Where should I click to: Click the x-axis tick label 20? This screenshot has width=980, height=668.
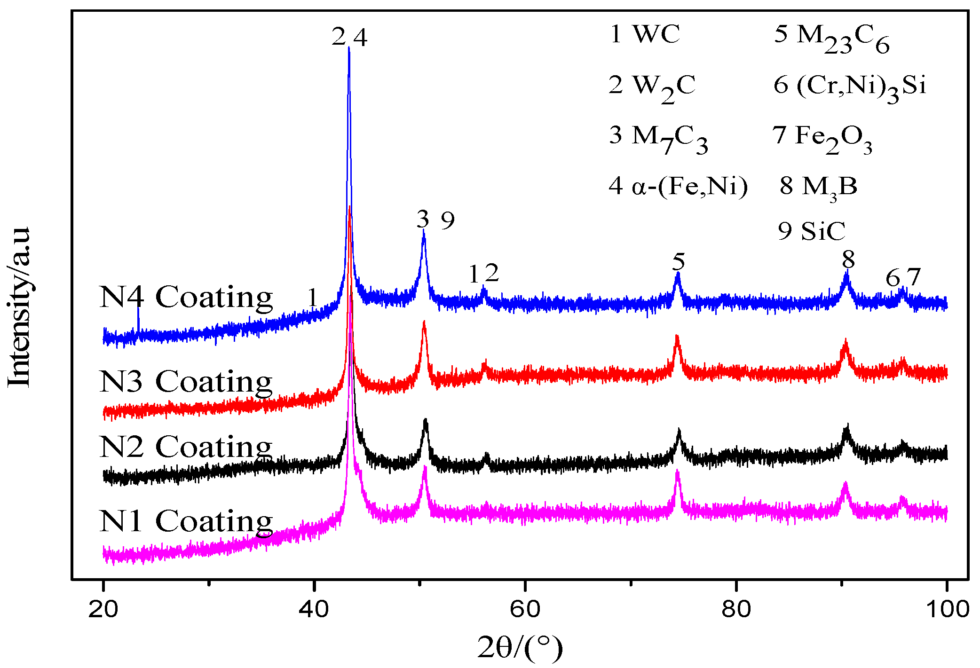(103, 609)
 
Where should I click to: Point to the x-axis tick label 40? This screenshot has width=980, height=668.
(314, 609)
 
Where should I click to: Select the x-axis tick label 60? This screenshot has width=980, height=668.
(524, 609)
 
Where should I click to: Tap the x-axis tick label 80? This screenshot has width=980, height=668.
(735, 609)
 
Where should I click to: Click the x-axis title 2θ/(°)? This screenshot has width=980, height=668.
(520, 648)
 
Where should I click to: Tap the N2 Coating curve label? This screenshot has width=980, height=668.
(186, 446)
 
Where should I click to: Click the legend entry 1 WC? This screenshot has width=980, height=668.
(645, 34)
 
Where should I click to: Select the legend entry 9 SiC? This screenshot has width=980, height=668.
(811, 231)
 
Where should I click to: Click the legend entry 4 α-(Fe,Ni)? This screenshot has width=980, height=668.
(678, 186)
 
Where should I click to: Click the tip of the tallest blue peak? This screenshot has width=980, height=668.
(348, 47)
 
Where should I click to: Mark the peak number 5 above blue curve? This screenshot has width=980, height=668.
(678, 261)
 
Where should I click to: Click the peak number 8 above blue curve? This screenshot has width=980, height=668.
(848, 259)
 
